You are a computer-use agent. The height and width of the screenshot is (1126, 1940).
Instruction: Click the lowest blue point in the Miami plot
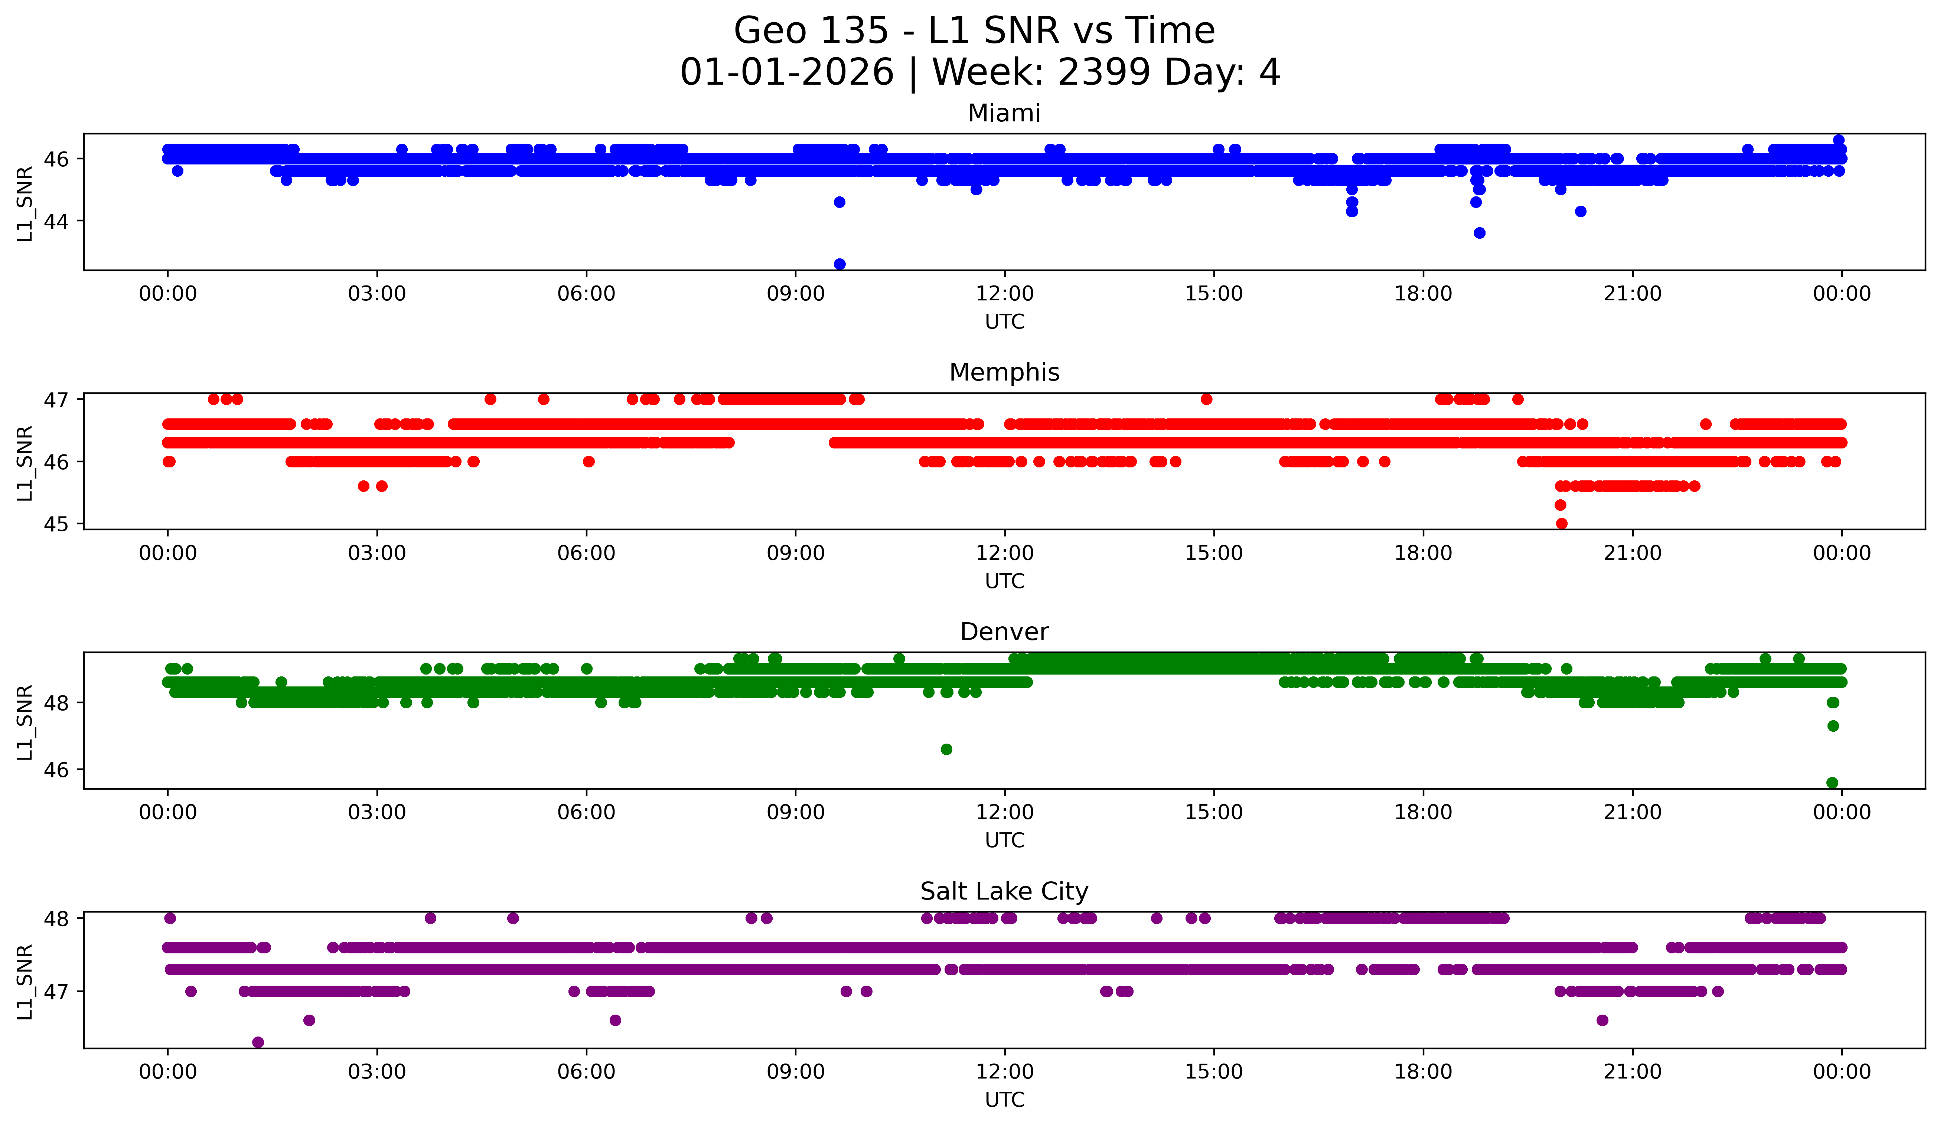(x=839, y=264)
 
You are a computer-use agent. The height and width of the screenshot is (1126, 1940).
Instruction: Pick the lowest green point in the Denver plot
(x=1832, y=783)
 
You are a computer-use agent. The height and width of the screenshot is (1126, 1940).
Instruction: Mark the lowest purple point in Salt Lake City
(x=258, y=1042)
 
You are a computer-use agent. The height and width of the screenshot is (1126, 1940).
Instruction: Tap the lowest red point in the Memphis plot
(x=1561, y=523)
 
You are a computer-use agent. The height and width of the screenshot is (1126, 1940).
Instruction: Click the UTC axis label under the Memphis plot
(x=1005, y=581)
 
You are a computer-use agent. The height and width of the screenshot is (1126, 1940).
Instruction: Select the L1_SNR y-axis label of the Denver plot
(x=25, y=722)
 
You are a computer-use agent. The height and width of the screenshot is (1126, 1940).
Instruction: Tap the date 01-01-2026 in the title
(x=787, y=72)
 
